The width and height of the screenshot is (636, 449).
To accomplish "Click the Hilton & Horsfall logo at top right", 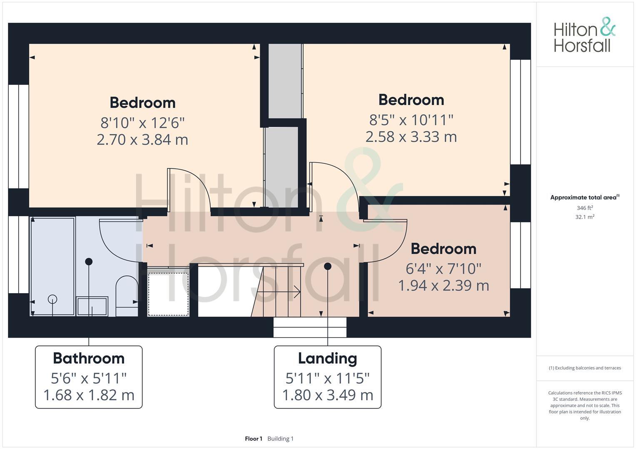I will [x=584, y=35].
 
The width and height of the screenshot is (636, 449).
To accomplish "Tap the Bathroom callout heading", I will [x=89, y=358].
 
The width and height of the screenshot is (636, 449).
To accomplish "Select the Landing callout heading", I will [x=327, y=358].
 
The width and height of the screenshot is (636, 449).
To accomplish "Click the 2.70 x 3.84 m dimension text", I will [x=142, y=140].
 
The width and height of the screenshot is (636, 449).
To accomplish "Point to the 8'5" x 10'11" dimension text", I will [x=411, y=120].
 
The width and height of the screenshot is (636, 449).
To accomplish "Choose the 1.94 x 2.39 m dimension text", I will [x=444, y=286].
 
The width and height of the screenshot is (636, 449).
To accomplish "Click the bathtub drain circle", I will [x=52, y=299].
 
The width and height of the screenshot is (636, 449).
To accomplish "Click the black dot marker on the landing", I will [x=328, y=266].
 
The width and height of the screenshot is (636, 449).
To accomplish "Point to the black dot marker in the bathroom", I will [x=89, y=262].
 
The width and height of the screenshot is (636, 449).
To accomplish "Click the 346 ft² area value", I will [x=585, y=208].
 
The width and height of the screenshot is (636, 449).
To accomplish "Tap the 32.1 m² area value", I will [x=585, y=217].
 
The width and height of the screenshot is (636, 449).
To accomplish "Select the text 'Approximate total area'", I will [x=583, y=197].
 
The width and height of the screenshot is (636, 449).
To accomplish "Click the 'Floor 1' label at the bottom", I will [x=254, y=439].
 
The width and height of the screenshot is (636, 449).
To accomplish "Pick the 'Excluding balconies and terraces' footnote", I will [x=585, y=368].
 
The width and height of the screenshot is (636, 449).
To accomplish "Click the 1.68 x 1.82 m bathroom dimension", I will [x=89, y=395].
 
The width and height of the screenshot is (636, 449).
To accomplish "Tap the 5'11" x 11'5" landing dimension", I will [x=327, y=378].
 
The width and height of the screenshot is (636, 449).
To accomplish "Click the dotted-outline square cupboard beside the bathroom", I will [x=168, y=294].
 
